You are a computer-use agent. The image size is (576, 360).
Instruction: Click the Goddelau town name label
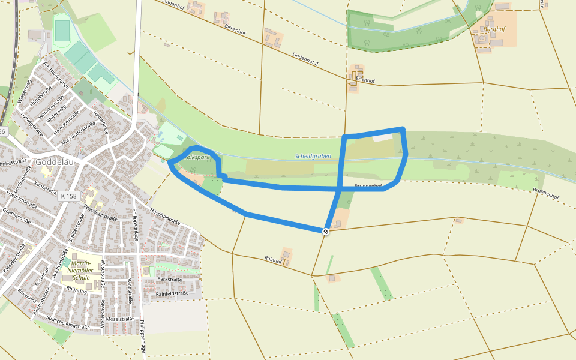55,162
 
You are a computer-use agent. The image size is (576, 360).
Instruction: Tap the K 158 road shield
70,196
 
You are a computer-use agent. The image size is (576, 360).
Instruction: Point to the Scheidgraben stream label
313,156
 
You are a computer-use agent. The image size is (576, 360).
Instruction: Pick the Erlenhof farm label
365,79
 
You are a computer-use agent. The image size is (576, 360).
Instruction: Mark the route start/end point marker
326,232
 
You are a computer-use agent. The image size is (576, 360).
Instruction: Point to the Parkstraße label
169,280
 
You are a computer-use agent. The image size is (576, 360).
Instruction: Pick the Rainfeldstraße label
172,293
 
